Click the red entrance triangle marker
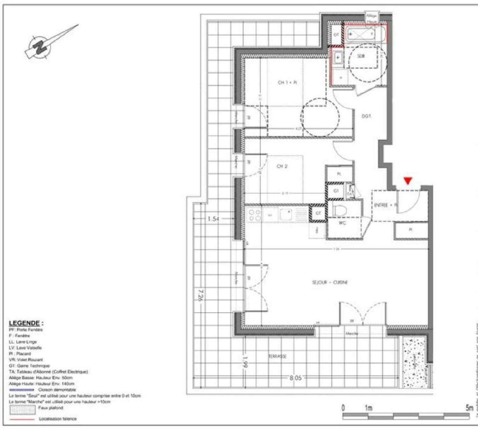408,181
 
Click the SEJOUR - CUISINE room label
330,282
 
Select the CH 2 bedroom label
282,166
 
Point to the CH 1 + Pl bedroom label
287,83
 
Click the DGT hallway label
366,116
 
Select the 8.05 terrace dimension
295,378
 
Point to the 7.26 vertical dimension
200,295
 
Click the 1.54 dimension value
213,219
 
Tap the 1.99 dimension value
245,362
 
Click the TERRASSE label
277,356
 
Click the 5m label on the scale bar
469,408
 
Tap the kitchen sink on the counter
288,214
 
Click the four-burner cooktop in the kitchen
254,215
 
